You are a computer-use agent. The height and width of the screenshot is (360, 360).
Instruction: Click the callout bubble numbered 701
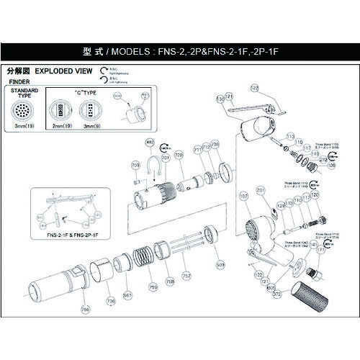coord(165,157)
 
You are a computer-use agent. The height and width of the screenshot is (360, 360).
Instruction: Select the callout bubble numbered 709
coord(135,166)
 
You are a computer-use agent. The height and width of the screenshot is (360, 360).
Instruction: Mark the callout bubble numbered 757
coord(186,275)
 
